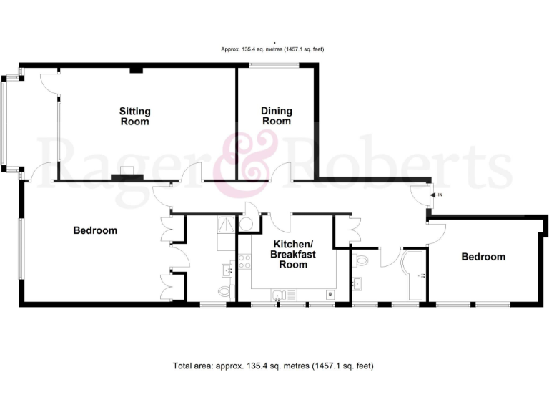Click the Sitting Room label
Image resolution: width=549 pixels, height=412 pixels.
134,117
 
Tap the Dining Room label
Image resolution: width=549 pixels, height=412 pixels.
276,116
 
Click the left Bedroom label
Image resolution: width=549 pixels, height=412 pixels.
95,231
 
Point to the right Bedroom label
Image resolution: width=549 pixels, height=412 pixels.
483,257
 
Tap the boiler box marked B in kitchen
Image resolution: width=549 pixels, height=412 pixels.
330,293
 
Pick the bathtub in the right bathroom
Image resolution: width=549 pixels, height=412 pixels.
414,275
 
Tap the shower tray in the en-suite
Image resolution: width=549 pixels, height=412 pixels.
225,224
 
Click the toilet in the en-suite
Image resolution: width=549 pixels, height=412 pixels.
225,291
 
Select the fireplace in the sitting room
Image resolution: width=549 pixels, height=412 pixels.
131,172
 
